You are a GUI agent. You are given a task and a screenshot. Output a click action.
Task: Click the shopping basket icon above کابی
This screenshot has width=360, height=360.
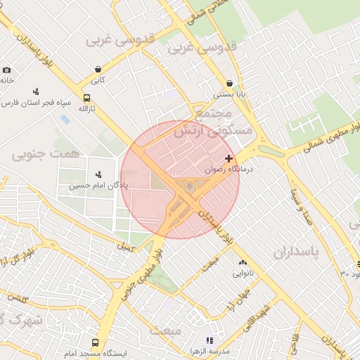click(97, 69)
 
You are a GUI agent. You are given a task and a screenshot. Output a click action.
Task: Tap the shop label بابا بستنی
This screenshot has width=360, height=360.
click(229, 94)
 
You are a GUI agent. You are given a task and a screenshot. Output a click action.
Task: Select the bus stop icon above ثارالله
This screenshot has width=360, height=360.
click(86, 98)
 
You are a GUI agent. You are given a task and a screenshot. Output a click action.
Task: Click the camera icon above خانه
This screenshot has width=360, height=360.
click(7, 70)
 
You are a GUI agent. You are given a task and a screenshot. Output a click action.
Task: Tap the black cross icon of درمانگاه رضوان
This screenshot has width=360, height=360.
click(229, 158)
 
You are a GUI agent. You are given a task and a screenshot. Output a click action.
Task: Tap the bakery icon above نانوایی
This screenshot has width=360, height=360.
click(243, 262)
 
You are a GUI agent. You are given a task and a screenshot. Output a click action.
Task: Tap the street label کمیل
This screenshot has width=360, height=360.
click(126, 247)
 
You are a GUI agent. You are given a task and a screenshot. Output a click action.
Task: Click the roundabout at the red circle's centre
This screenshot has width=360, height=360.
click(189, 186)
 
